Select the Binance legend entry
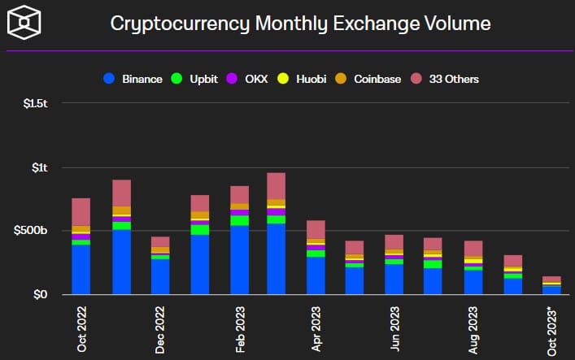[135, 79]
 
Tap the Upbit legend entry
[196, 79]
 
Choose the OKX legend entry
[249, 79]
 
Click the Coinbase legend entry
[369, 79]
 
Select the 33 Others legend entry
[445, 79]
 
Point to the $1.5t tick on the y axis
[33, 105]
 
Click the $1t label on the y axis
[39, 168]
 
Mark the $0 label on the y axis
[40, 294]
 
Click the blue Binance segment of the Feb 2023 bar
[239, 259]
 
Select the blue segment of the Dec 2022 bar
[160, 276]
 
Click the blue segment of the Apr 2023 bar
[316, 275]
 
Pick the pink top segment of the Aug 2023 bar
[473, 248]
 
